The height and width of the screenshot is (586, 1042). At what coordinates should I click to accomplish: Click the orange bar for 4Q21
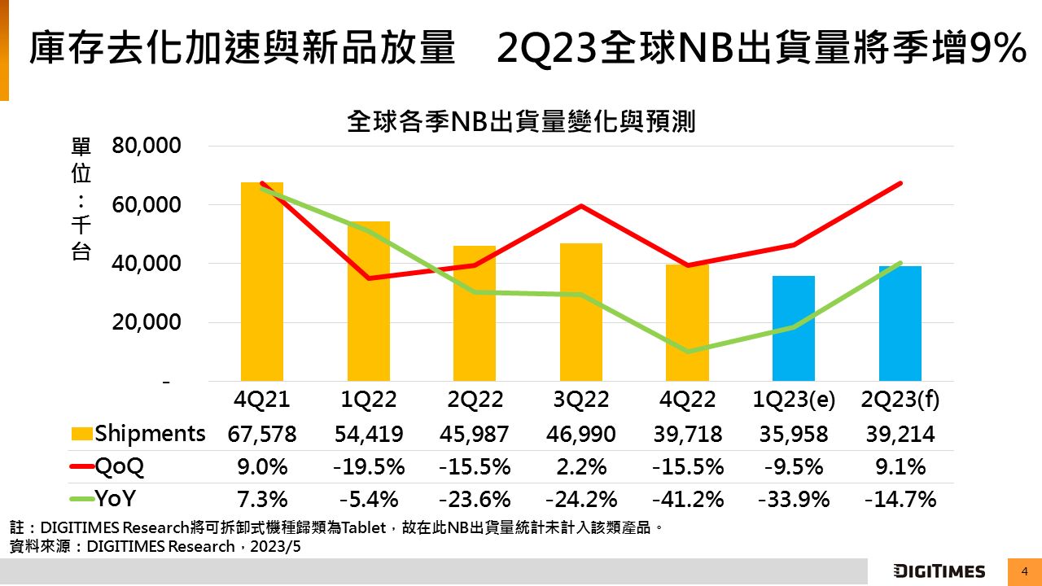point(262,282)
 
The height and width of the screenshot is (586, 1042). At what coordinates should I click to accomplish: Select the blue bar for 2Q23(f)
point(900,323)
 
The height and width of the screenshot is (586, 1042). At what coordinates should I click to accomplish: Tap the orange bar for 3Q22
point(581,312)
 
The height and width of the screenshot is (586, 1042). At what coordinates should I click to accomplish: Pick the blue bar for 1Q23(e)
point(794,328)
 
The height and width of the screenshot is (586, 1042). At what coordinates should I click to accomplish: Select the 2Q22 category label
point(475,400)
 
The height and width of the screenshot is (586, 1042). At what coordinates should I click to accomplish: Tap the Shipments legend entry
point(138,433)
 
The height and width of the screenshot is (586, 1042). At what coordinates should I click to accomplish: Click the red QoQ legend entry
point(107,466)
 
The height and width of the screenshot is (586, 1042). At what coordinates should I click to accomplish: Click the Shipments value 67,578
point(262,434)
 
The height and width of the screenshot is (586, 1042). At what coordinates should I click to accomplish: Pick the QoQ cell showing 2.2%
point(581,466)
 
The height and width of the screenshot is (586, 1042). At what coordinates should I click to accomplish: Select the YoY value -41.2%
point(688,499)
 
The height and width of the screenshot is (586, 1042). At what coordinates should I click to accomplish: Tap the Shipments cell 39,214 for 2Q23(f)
point(900,434)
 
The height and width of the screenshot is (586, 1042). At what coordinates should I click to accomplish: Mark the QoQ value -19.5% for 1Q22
point(369,466)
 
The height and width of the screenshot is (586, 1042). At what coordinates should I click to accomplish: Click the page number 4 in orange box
point(1025,571)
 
